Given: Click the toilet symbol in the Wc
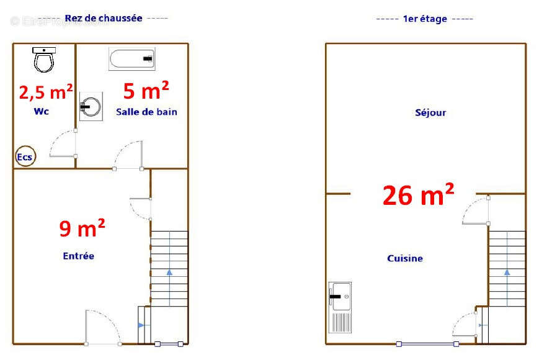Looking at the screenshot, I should [x=44, y=60].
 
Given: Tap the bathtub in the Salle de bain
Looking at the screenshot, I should [x=132, y=60].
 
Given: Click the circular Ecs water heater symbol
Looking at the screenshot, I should [x=25, y=157].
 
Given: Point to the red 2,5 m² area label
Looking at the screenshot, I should [x=46, y=92].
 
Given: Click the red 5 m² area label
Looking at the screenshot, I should [x=146, y=91].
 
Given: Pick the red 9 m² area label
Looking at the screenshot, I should [x=82, y=228].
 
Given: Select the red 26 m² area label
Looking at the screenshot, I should [x=418, y=195].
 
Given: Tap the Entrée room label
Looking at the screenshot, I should [x=78, y=256].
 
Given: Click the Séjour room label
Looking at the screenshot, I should [x=430, y=112].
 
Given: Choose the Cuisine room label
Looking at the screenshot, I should [x=405, y=258].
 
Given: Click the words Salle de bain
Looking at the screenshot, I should [x=146, y=112].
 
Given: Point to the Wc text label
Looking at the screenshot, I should [x=42, y=112].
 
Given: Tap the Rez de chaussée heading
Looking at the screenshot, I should [x=103, y=18].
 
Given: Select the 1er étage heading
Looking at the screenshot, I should [x=425, y=19].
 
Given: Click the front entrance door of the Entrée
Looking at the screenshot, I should [x=103, y=327].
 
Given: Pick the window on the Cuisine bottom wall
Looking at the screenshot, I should [x=428, y=344].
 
